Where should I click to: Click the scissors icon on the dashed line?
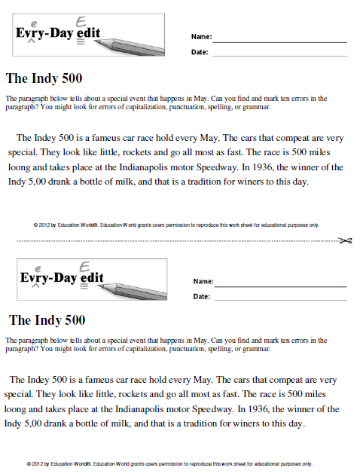pyautogui.click(x=346, y=241)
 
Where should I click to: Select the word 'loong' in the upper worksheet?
pyautogui.click(x=20, y=167)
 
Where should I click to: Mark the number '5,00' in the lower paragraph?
pyautogui.click(x=41, y=424)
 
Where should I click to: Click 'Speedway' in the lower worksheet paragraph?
pyautogui.click(x=212, y=409)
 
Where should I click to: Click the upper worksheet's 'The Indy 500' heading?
pyautogui.click(x=44, y=78)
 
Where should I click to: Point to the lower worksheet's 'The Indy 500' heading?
pyautogui.click(x=47, y=320)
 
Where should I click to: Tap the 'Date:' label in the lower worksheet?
pyautogui.click(x=201, y=297)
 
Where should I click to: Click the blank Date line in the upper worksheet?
pyautogui.click(x=279, y=55)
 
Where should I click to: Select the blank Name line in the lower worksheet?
pyautogui.click(x=281, y=286)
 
